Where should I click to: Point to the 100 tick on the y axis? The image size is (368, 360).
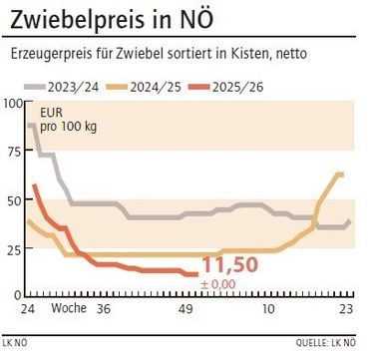pos(12,103)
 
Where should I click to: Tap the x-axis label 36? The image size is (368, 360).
pos(102,310)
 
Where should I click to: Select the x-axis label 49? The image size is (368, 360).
pos(185,310)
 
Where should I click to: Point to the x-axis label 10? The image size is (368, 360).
pos(266,310)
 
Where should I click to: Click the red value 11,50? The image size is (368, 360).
pos(230,265)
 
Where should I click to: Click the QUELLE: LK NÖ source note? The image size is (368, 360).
pos(325,342)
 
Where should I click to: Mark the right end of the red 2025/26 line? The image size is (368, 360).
pos(195,274)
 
